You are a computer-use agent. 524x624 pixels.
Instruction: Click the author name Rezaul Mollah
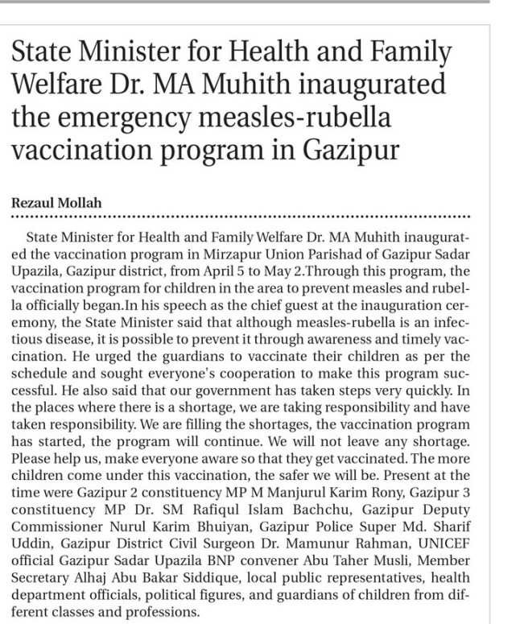pyautogui.click(x=56, y=204)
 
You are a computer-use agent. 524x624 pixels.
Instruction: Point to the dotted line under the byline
pyautogui.click(x=241, y=217)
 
